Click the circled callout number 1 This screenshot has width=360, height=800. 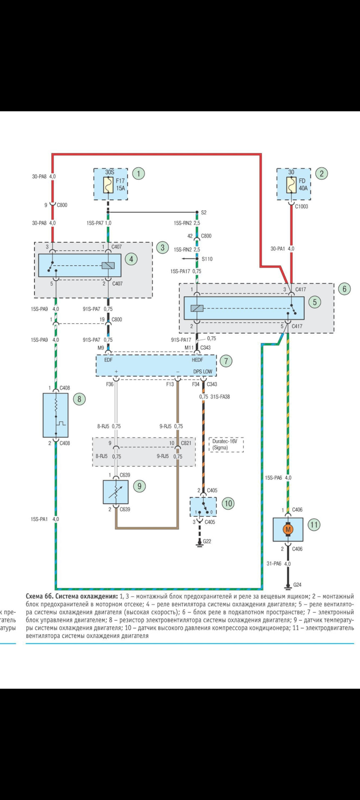pyautogui.click(x=138, y=173)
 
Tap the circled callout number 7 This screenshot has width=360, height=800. pyautogui.click(x=226, y=361)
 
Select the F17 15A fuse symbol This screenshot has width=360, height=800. pyautogui.click(x=108, y=185)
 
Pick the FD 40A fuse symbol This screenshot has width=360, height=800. pyautogui.click(x=291, y=185)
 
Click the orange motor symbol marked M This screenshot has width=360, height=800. pyautogui.click(x=288, y=530)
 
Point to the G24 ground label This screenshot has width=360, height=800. pyautogui.click(x=297, y=585)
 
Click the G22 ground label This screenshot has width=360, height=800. pyautogui.click(x=207, y=541)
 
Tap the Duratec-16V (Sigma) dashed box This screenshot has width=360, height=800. pyautogui.click(x=226, y=445)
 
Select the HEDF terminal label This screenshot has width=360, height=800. pyautogui.click(x=197, y=360)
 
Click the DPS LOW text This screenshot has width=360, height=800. pyautogui.click(x=203, y=372)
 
